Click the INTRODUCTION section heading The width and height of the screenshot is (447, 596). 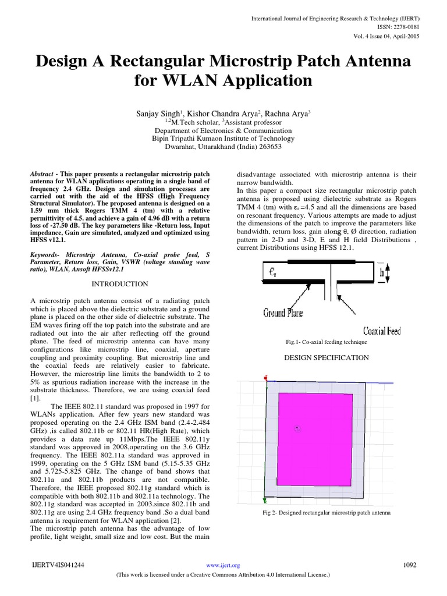121,284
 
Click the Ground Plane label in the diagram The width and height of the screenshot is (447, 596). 283,313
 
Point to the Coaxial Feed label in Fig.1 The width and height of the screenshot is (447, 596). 381,331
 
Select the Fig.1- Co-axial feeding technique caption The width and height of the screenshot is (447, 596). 318,343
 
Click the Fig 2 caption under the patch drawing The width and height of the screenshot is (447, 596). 326,513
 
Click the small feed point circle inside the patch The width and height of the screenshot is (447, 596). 297,429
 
